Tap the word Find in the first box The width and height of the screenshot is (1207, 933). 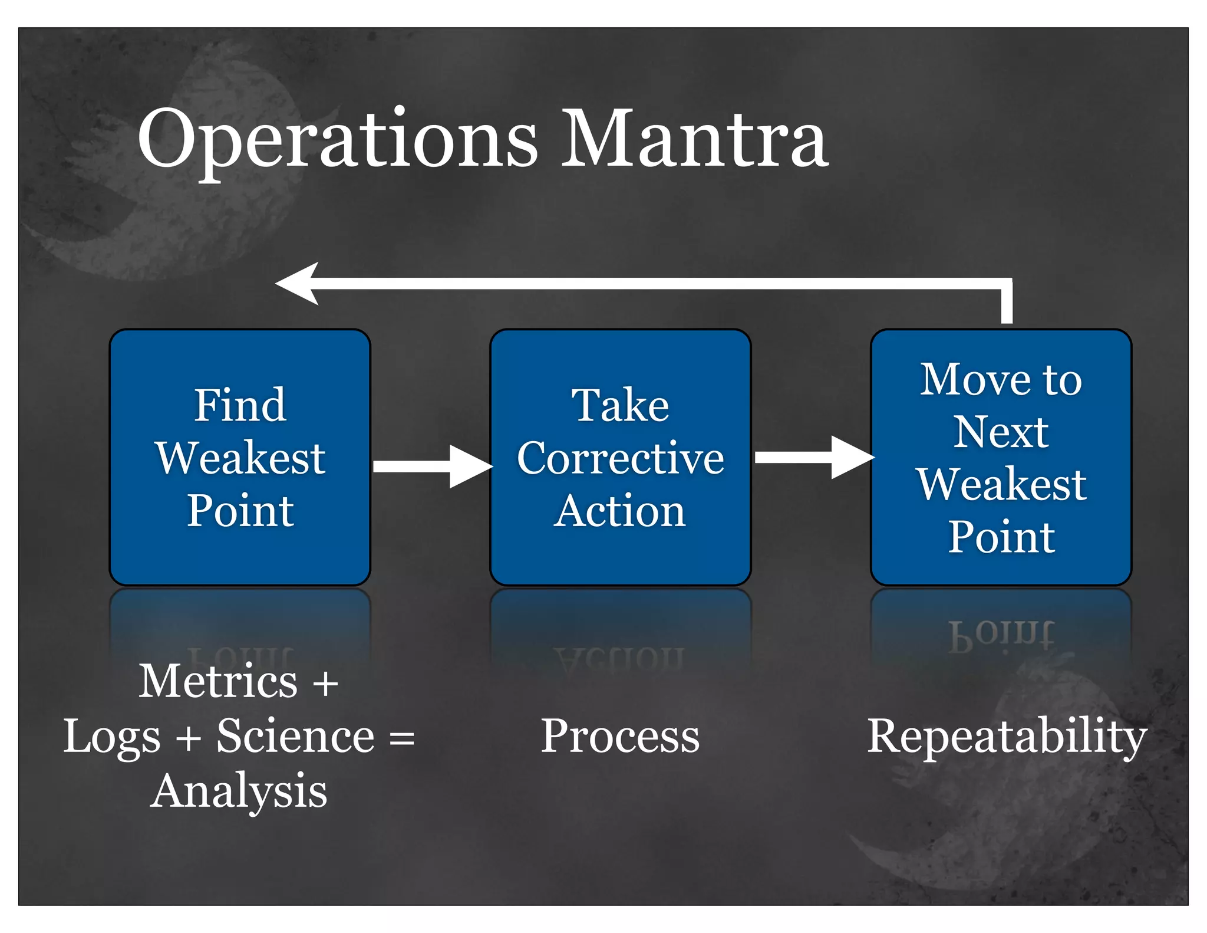coord(240,406)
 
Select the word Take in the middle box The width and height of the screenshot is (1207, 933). coord(620,406)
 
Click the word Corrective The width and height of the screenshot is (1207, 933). coord(620,458)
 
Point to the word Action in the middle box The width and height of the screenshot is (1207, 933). coord(620,511)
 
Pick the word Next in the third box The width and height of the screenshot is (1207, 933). coord(1001,432)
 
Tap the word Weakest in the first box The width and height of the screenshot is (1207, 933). coord(240,458)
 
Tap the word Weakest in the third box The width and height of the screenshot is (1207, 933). coord(1001,484)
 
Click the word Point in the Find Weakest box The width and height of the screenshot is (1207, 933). coord(240,511)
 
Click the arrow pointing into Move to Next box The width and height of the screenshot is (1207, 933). coord(813,458)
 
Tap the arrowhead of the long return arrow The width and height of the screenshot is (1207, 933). coord(298,284)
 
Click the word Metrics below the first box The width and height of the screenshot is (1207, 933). coord(218,682)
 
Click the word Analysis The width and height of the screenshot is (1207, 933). coord(239,791)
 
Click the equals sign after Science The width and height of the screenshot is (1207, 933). coord(402,738)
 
